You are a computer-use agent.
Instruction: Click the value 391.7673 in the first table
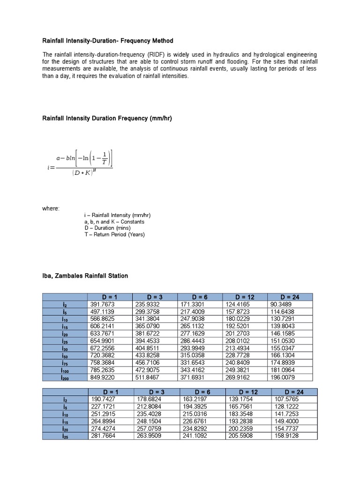(x=102, y=304)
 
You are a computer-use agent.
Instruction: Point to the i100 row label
(x=65, y=370)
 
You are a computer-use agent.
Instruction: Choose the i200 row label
(x=65, y=377)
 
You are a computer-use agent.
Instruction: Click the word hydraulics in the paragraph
(x=221, y=55)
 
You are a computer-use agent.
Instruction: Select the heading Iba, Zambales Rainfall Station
(x=85, y=276)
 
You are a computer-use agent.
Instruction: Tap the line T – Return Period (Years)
(x=114, y=234)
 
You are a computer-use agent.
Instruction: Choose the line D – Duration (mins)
(x=107, y=228)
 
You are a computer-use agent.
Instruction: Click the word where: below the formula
(x=51, y=208)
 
